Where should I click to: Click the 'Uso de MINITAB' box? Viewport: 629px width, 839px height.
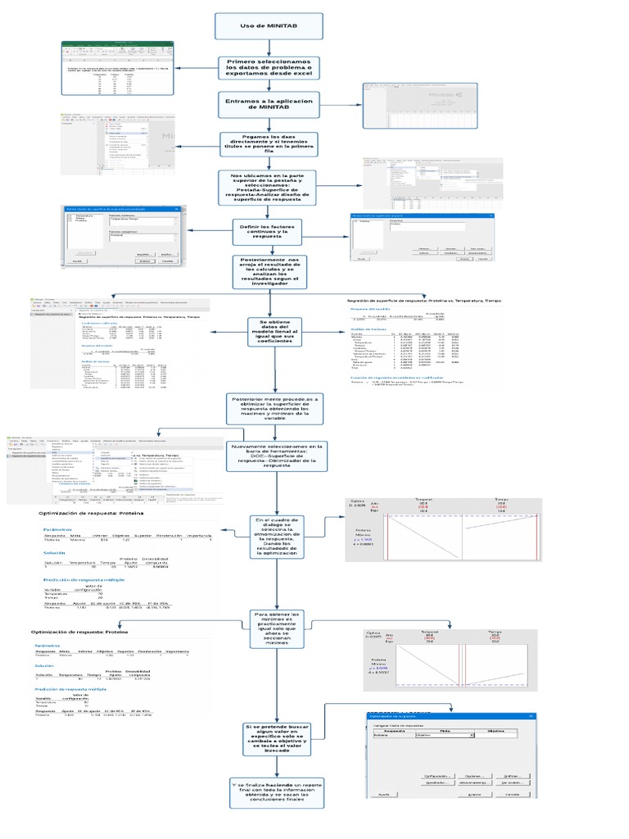(269, 26)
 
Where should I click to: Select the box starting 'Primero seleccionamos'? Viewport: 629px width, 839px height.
(269, 66)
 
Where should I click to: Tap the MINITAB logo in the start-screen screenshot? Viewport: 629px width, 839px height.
(443, 95)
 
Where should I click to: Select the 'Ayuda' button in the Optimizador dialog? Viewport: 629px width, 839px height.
(383, 795)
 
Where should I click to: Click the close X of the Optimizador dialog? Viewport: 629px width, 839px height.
(532, 715)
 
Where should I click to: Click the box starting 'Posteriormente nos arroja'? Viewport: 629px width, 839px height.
(269, 272)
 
